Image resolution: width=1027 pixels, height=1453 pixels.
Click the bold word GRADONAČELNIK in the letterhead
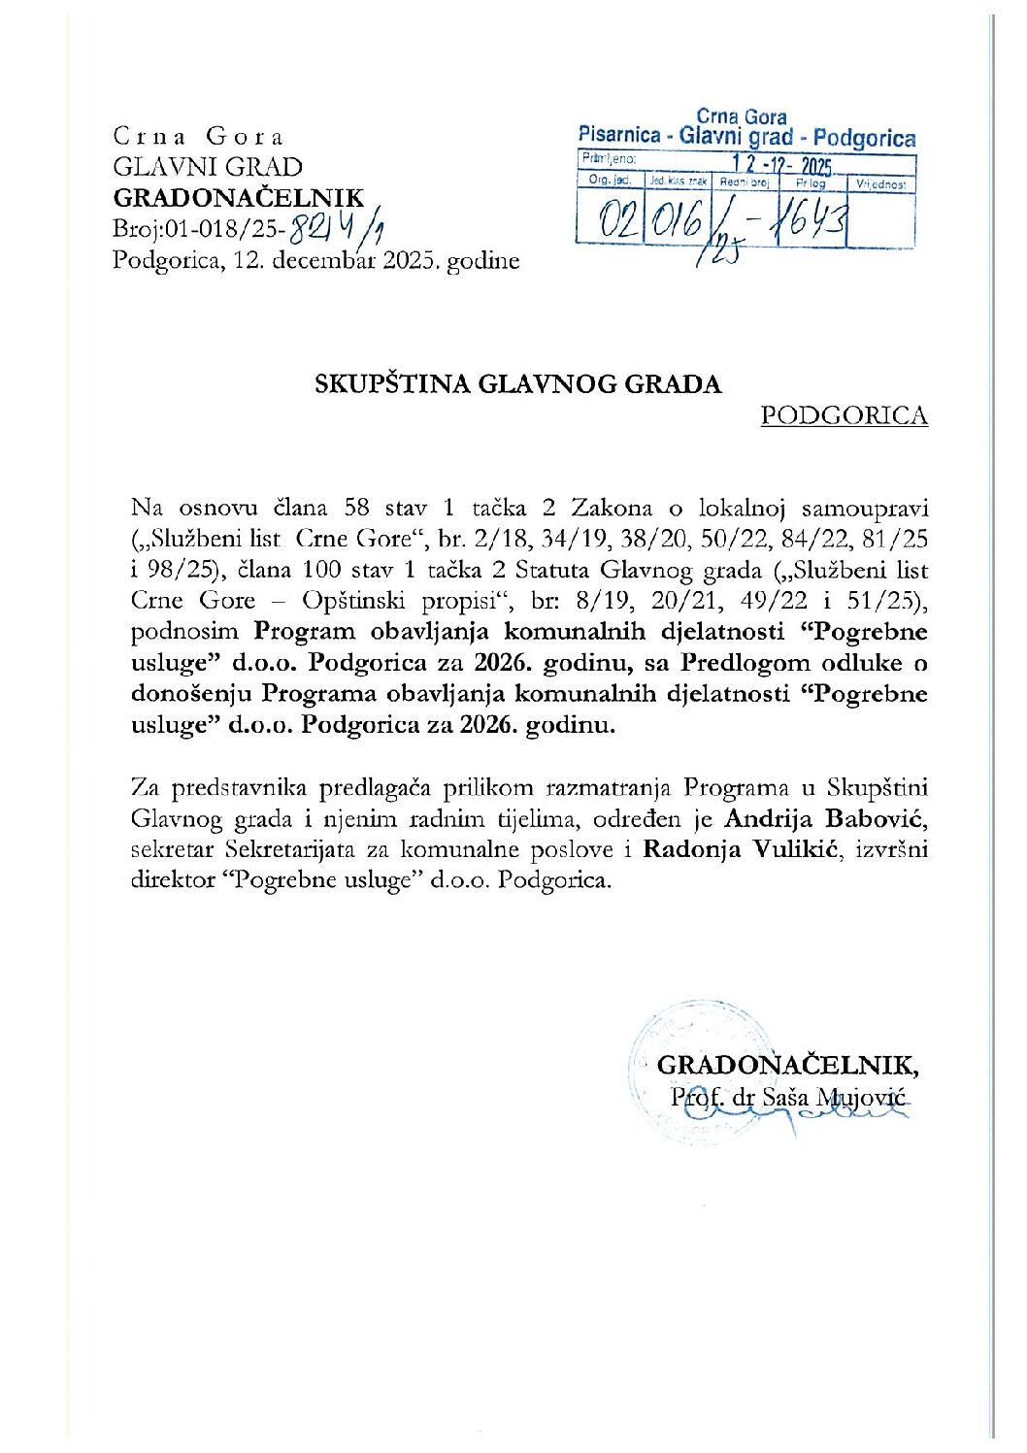239,198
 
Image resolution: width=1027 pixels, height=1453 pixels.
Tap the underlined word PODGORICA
844,415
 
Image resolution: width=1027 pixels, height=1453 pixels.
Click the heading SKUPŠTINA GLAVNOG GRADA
517,384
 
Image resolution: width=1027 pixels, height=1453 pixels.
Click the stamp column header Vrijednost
881,182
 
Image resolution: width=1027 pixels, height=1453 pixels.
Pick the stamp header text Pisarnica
619,136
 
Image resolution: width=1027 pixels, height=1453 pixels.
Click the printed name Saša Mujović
833,1098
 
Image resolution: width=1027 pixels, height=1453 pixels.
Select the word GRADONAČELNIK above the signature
787,1065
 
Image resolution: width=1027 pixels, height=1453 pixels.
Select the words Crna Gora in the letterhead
198,137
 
